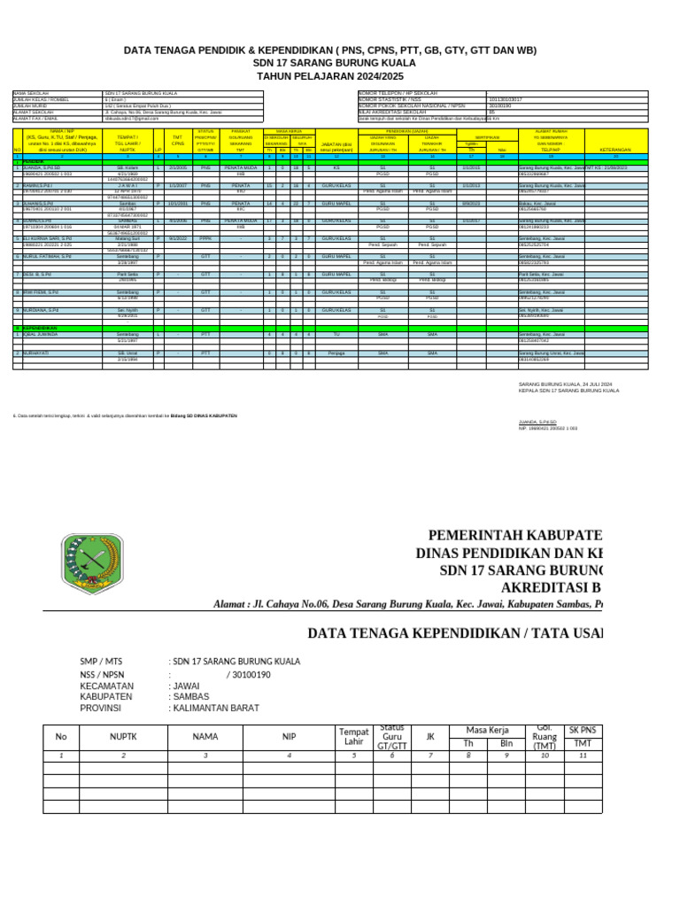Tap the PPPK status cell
coord(205,238)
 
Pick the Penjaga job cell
coord(336,353)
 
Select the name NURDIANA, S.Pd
coord(42,310)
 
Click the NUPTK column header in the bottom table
coord(123,736)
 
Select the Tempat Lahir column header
coord(354,736)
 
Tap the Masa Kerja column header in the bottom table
coord(487,730)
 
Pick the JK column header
coord(430,736)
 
